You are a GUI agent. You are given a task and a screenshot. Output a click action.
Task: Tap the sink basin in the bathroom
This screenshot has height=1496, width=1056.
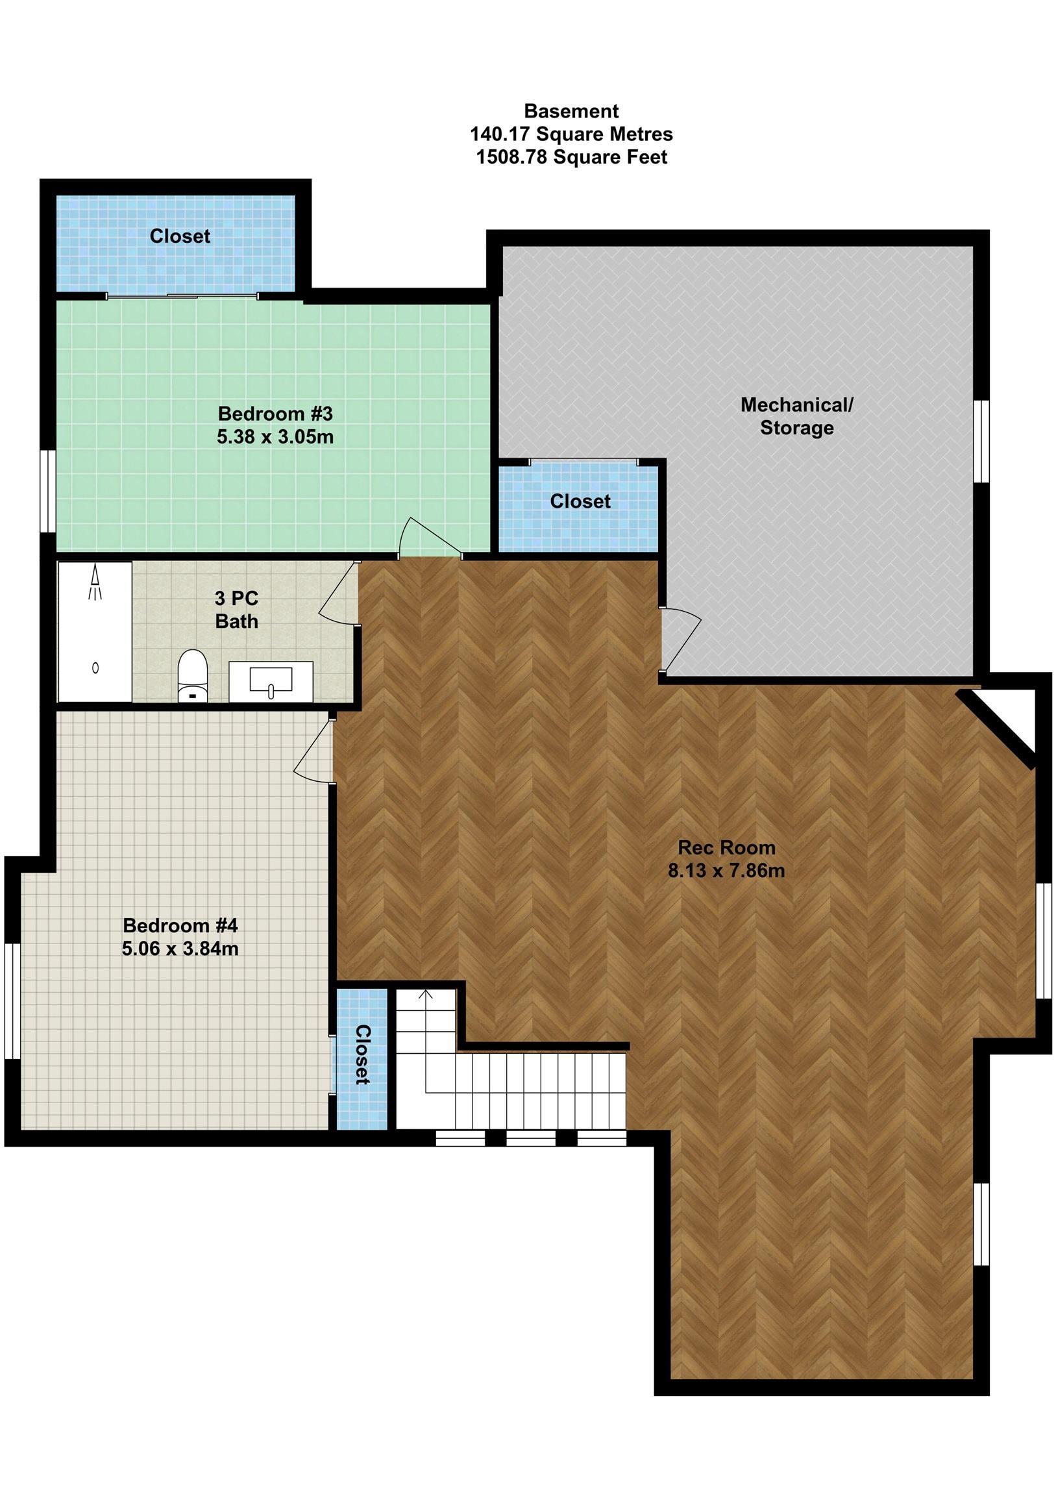[x=271, y=680]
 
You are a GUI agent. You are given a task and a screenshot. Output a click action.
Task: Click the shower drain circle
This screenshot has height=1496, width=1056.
[x=96, y=668]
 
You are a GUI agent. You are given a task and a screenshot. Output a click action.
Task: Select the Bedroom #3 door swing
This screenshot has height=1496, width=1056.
[x=415, y=538]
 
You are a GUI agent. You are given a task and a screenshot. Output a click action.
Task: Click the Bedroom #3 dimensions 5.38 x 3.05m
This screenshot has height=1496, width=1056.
[x=275, y=437]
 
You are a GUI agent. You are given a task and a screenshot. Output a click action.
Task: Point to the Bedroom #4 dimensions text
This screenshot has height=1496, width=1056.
[x=180, y=949]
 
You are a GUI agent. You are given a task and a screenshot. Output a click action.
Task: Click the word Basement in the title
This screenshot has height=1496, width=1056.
[x=571, y=111]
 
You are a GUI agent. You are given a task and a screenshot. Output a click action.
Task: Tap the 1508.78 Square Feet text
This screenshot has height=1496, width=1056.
[x=571, y=158]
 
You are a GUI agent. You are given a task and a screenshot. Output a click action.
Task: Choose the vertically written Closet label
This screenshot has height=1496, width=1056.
[x=362, y=1055]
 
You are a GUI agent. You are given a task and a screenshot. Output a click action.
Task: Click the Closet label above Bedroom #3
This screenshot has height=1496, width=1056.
[x=180, y=236]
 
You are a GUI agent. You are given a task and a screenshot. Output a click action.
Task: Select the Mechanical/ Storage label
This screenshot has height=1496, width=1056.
[x=796, y=416]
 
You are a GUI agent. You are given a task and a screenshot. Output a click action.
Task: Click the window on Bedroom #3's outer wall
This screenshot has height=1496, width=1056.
[x=47, y=491]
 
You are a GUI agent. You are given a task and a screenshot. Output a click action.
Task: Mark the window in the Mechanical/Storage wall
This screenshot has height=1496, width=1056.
[x=981, y=441]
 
